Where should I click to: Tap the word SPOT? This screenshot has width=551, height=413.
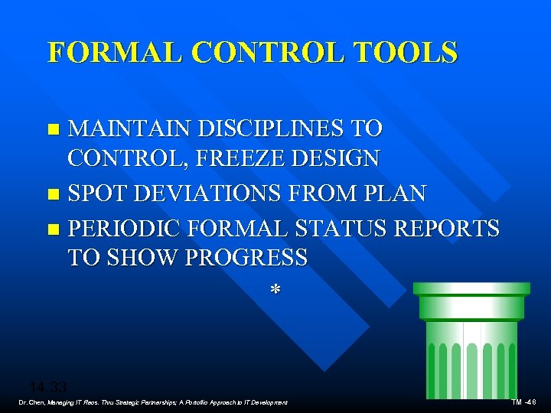(96, 193)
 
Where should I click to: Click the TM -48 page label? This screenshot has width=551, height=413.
(523, 402)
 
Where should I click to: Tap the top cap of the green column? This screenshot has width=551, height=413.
(471, 288)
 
